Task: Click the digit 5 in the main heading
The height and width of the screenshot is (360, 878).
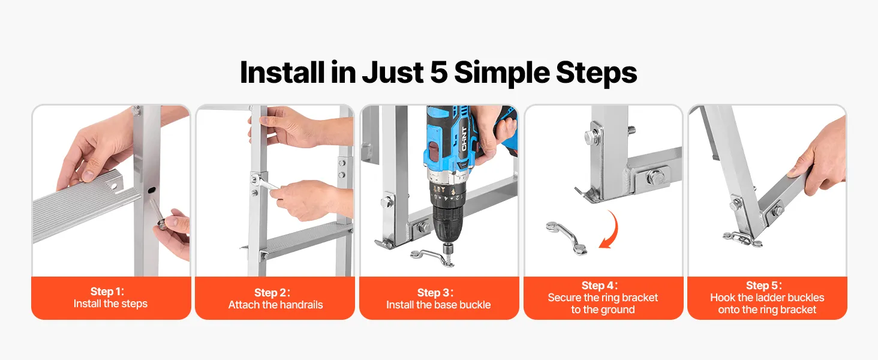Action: pos(439,73)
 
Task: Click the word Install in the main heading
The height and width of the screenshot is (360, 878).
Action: pos(282,73)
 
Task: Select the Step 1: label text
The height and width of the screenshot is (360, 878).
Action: pos(107,292)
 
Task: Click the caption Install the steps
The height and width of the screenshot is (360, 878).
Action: pos(110,304)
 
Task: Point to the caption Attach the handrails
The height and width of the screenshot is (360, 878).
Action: pos(275,305)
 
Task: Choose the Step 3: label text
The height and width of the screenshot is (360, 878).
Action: pos(435,293)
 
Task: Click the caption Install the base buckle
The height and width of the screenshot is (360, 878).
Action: pos(438,305)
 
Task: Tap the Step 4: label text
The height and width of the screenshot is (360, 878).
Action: pos(599,286)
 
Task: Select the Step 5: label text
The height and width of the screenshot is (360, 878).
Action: pos(763,286)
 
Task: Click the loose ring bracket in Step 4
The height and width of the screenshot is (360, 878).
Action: pos(566,238)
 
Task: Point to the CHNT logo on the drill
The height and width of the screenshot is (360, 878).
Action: pos(464,139)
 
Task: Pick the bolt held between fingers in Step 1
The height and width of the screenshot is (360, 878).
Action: pos(157,214)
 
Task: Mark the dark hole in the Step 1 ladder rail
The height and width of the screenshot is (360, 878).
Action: pos(152,191)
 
